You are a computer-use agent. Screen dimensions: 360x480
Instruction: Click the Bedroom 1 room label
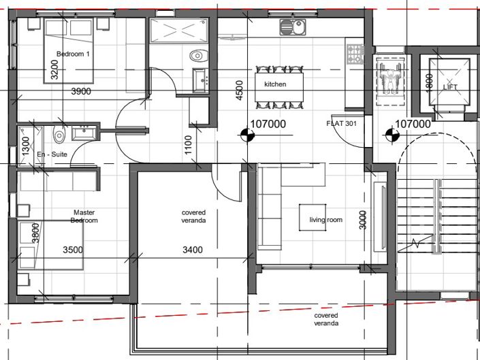[74, 54]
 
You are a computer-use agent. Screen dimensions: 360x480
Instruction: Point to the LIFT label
[450, 88]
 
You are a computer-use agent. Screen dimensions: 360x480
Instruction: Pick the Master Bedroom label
[85, 216]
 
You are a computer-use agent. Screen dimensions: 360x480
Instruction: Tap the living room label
[325, 220]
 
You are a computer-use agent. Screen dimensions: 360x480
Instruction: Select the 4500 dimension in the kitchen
[239, 91]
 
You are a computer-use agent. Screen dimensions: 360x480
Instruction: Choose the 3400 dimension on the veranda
[193, 250]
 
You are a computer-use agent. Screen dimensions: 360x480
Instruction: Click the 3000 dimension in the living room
[364, 220]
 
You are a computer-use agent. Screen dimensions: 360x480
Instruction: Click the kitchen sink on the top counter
[292, 28]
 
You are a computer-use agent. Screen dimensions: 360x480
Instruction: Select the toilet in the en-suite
[60, 135]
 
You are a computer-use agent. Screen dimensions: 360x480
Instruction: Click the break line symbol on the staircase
[418, 243]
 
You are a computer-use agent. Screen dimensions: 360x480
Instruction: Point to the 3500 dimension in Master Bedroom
[73, 250]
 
